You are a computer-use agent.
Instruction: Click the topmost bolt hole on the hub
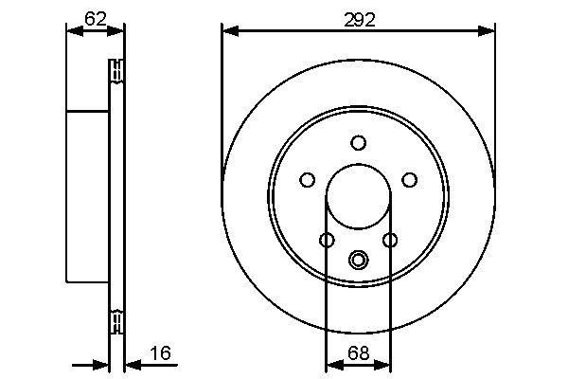click(358, 143)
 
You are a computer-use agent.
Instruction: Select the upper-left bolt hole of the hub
click(307, 179)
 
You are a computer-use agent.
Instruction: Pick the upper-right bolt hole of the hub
click(409, 179)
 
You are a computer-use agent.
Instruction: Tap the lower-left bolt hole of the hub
click(327, 241)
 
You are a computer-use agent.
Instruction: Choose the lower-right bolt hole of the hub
click(389, 241)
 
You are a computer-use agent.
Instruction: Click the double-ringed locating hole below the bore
click(358, 260)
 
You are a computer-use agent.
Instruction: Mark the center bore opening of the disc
click(358, 197)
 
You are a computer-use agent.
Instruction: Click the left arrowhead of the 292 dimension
click(228, 31)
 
